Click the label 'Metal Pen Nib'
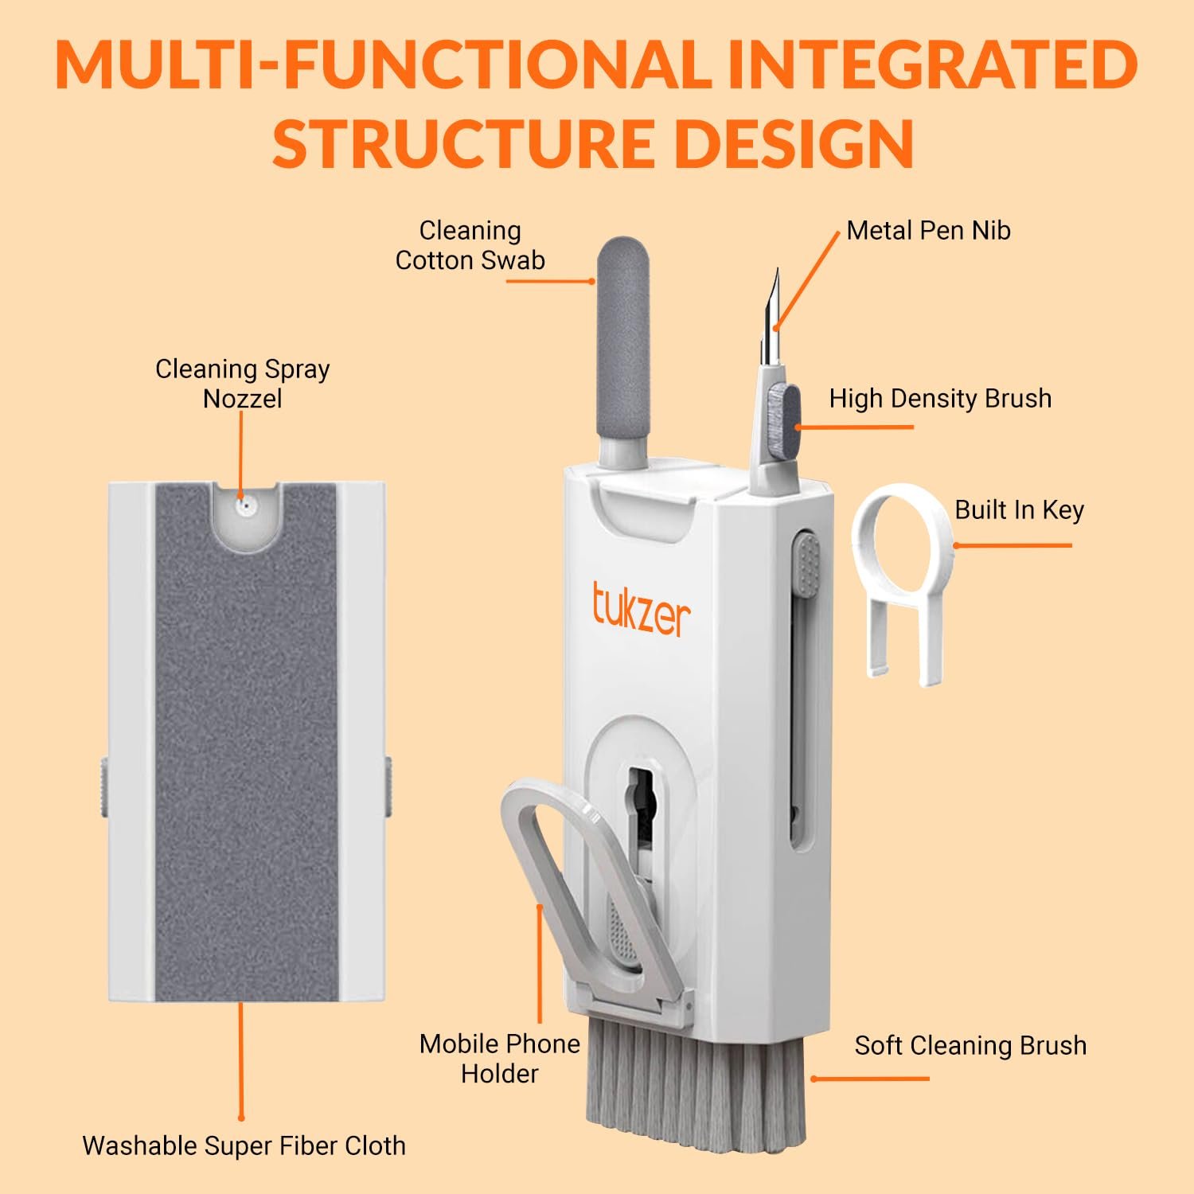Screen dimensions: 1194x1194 point(928,231)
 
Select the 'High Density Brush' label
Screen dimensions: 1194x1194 point(940,398)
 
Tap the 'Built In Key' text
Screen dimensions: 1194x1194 point(1020,509)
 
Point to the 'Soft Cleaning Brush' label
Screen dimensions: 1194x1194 point(970,1045)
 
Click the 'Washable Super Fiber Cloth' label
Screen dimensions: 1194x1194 point(244,1145)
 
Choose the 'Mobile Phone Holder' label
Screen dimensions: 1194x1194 point(500,1059)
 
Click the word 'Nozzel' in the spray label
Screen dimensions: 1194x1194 point(242,398)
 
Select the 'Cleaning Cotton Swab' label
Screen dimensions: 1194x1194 point(470,245)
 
